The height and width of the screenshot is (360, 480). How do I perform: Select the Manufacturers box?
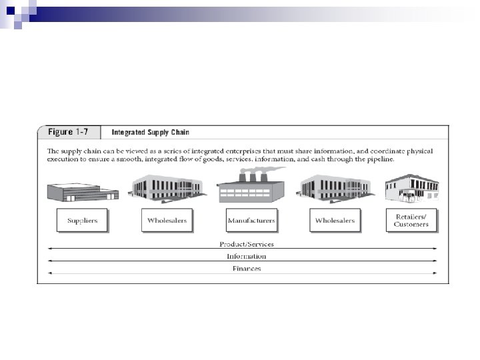point(251,221)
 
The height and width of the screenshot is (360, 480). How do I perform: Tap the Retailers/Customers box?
point(411,219)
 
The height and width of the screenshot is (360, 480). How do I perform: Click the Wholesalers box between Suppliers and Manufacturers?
point(167,220)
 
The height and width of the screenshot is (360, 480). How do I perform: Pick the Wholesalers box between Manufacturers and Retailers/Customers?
point(335,220)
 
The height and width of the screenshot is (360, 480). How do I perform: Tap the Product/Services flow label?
point(247,244)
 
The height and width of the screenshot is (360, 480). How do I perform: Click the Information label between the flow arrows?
point(246,256)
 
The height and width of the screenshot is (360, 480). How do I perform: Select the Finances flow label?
point(246,269)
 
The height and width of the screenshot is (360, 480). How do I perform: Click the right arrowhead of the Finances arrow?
point(436,273)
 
